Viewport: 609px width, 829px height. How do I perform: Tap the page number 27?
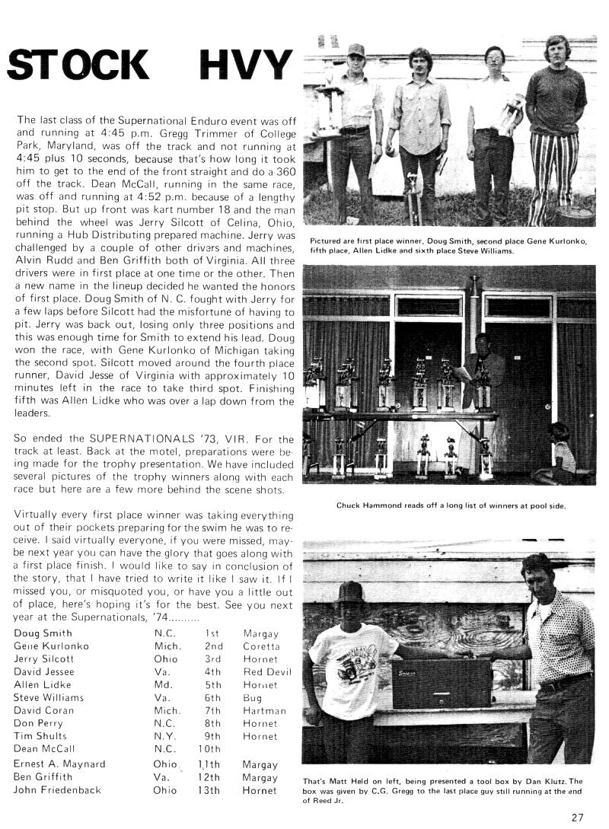(x=577, y=818)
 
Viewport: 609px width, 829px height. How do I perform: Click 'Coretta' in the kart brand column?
(x=261, y=646)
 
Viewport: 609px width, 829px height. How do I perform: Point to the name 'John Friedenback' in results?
(x=57, y=790)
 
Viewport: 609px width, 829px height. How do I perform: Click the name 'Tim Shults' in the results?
(x=40, y=736)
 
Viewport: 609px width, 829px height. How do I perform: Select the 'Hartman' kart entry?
(x=264, y=710)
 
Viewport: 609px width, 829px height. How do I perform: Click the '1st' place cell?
(x=212, y=633)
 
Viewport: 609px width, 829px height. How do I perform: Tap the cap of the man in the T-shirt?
(x=351, y=591)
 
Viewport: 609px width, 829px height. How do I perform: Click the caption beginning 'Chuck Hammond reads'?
(x=450, y=505)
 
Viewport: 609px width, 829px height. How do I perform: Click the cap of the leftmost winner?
(x=356, y=52)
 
